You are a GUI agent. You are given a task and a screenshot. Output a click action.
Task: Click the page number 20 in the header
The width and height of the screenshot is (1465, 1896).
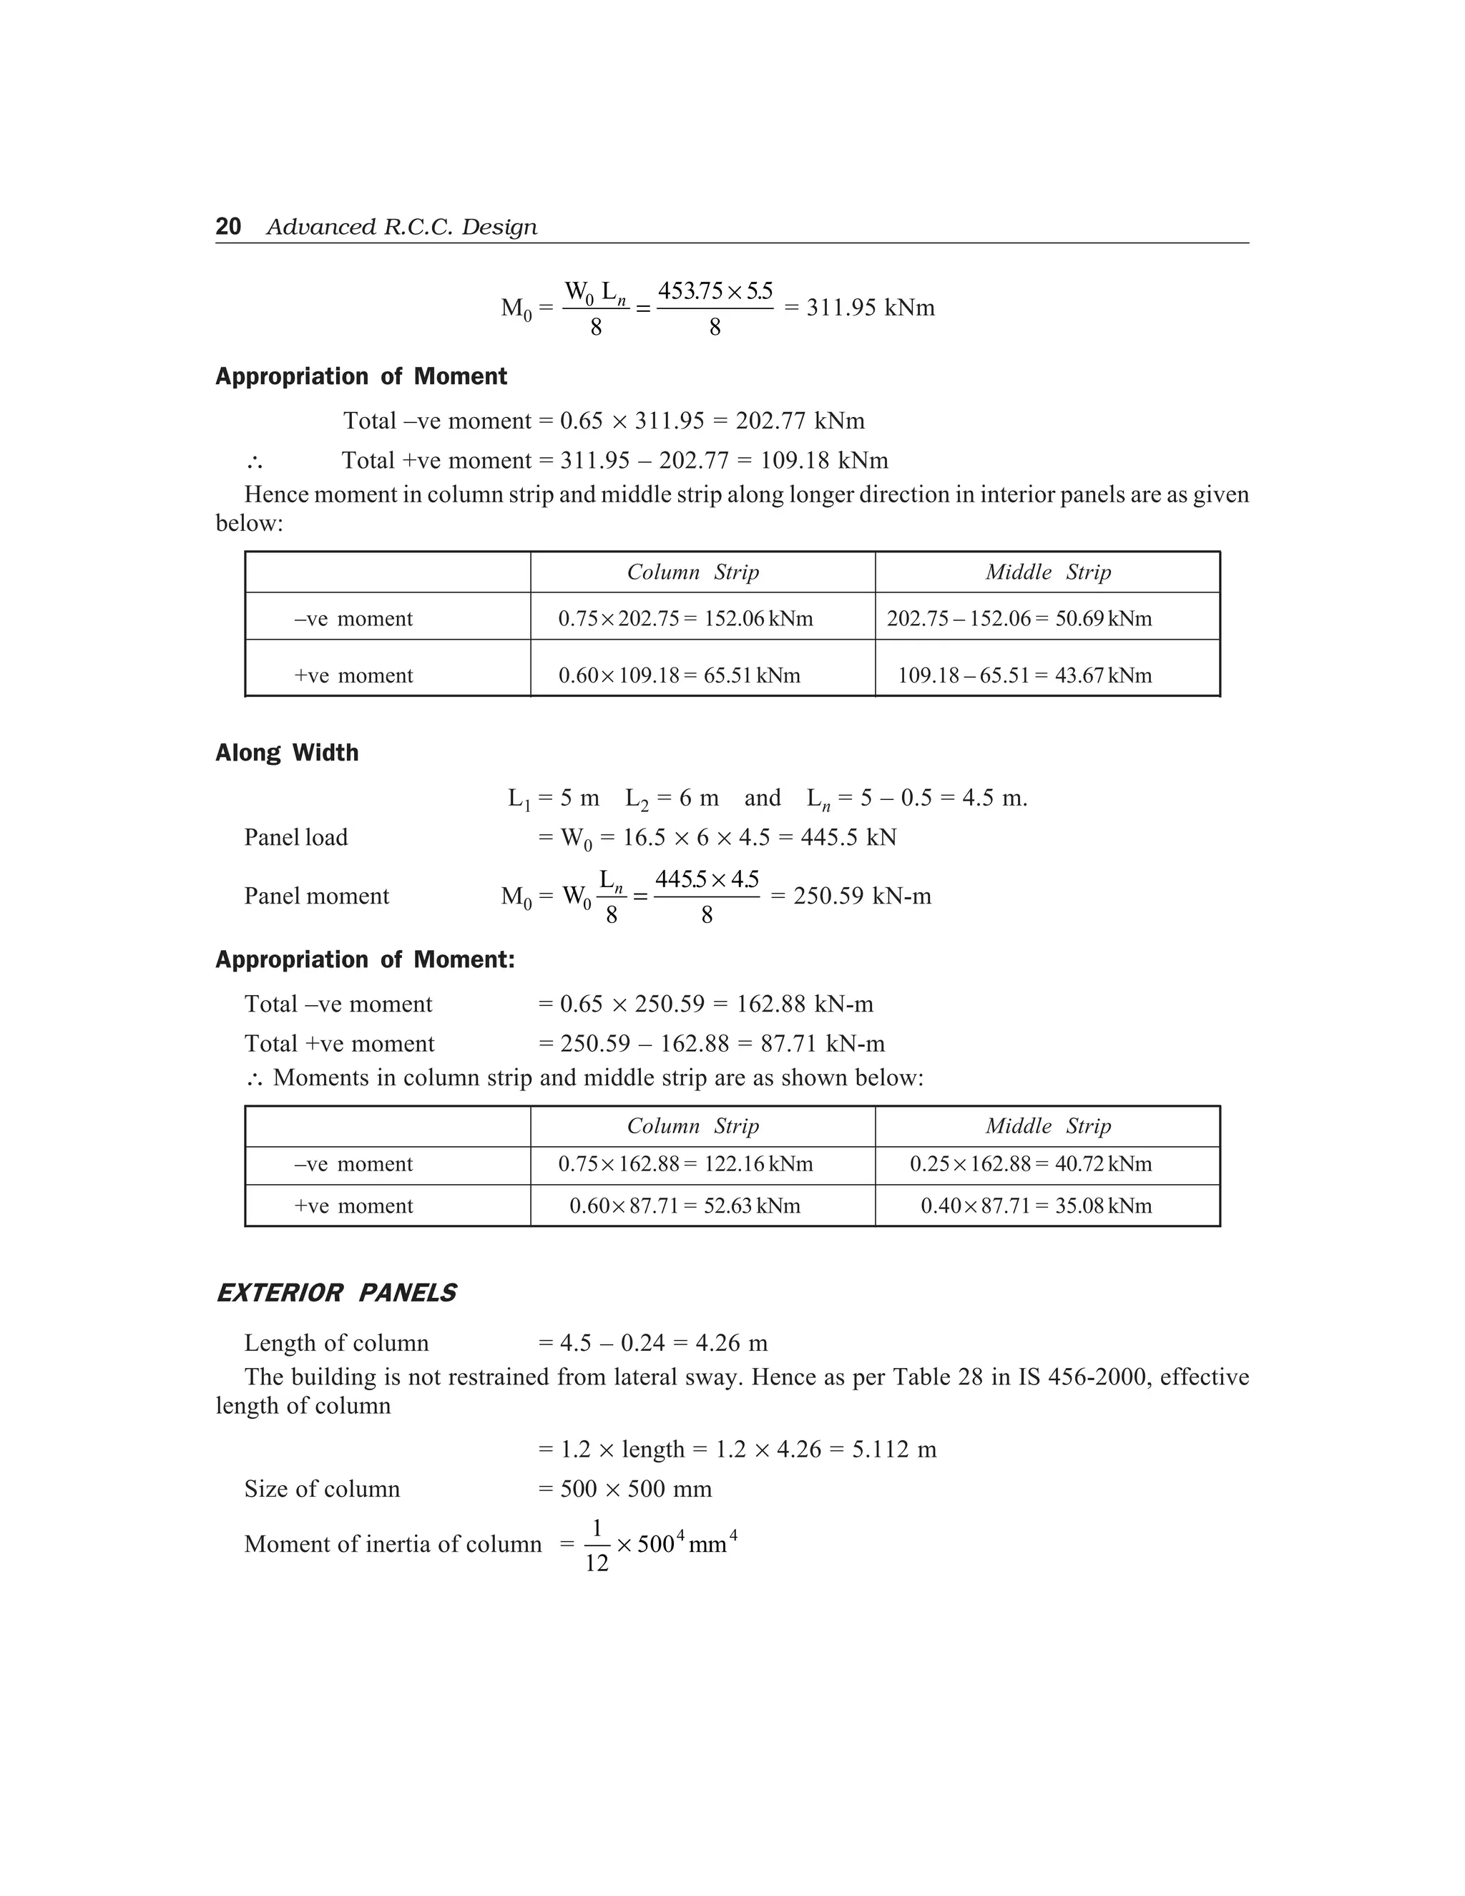[x=228, y=227]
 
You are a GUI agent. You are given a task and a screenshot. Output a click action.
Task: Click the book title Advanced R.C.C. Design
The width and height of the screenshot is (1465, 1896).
[x=401, y=228]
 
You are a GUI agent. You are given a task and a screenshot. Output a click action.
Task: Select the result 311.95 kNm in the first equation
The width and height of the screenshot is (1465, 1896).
[x=870, y=308]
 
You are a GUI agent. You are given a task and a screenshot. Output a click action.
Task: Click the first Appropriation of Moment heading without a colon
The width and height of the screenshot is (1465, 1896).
[x=361, y=377]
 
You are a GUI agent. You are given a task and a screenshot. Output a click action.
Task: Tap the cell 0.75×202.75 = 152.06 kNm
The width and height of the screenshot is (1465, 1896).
[x=685, y=619]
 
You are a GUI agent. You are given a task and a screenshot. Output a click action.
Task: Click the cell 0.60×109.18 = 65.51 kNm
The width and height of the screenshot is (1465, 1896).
[x=679, y=675]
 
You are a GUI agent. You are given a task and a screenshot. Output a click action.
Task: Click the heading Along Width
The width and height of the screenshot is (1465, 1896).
[x=286, y=753]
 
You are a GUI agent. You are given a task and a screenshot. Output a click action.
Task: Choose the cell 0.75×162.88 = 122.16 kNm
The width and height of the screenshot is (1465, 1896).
[x=685, y=1164]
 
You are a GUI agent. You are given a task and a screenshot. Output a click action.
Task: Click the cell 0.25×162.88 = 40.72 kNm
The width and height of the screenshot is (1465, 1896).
[x=1030, y=1164]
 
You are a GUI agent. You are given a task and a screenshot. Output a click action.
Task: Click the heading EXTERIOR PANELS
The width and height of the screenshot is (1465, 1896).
[x=336, y=1294]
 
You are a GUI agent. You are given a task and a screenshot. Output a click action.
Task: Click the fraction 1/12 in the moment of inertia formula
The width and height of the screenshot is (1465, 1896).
[x=597, y=1545]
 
